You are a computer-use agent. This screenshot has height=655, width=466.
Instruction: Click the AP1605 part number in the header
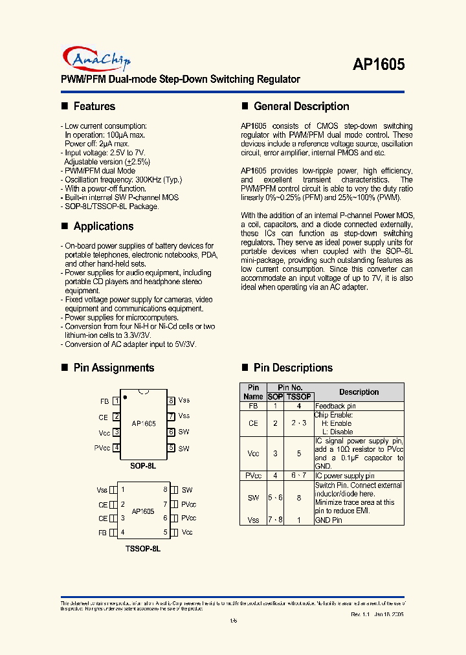(x=379, y=64)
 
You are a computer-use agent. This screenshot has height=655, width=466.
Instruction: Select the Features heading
(x=94, y=106)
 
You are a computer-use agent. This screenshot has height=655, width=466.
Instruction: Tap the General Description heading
(x=301, y=106)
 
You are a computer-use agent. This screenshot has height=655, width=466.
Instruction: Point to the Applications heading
(x=103, y=226)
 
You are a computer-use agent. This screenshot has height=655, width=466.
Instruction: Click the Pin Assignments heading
(x=113, y=368)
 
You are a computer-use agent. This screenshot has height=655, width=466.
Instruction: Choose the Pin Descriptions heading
(x=293, y=368)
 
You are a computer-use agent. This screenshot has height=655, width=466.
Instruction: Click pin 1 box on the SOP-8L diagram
(x=116, y=401)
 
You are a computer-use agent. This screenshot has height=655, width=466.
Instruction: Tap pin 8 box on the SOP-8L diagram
(x=171, y=401)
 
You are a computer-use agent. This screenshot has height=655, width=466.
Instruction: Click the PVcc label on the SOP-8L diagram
(x=102, y=448)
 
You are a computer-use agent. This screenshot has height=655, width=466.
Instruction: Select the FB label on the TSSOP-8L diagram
(x=102, y=533)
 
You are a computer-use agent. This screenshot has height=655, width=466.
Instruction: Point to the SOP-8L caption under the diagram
(x=143, y=465)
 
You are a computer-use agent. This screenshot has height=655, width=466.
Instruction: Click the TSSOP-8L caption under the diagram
(x=143, y=548)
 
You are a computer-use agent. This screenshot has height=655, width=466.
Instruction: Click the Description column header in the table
(x=359, y=392)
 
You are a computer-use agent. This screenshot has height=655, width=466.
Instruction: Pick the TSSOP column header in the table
(x=299, y=397)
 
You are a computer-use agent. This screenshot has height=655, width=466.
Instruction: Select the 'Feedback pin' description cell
(x=335, y=406)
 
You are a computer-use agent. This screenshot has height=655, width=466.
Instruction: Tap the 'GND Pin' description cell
(x=328, y=520)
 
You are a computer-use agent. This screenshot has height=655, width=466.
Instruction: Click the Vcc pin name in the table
(x=253, y=454)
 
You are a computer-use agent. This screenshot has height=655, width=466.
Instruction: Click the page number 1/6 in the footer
(x=233, y=622)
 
